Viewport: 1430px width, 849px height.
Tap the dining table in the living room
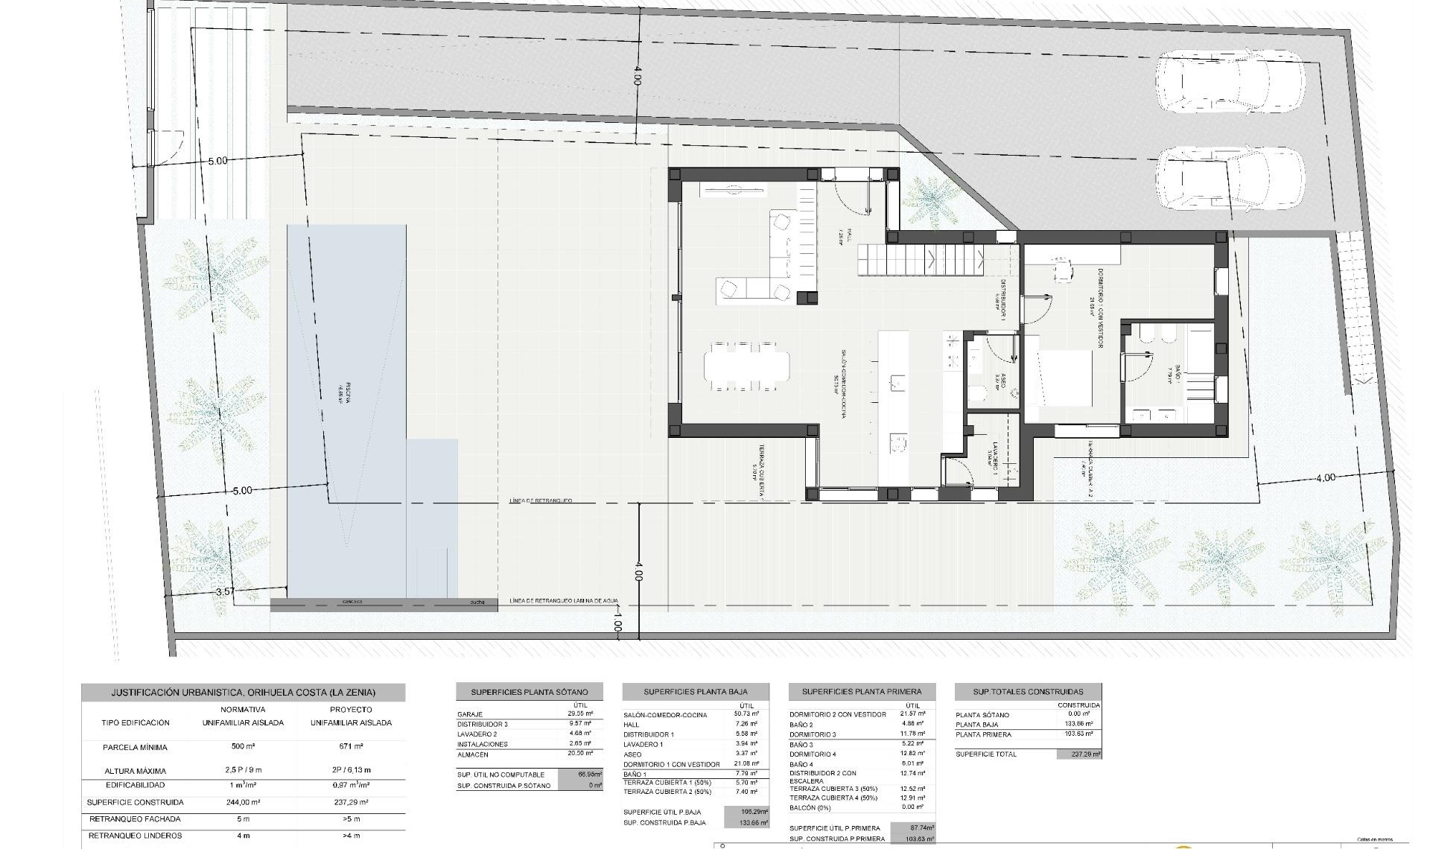coord(746,366)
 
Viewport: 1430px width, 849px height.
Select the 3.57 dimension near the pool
coord(224,592)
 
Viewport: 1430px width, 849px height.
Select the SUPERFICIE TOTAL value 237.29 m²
coord(1078,754)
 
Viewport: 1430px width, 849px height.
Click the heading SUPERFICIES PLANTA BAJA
coord(695,692)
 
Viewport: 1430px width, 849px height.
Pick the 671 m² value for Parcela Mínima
coord(350,746)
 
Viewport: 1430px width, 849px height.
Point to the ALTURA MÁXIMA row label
coord(136,771)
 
